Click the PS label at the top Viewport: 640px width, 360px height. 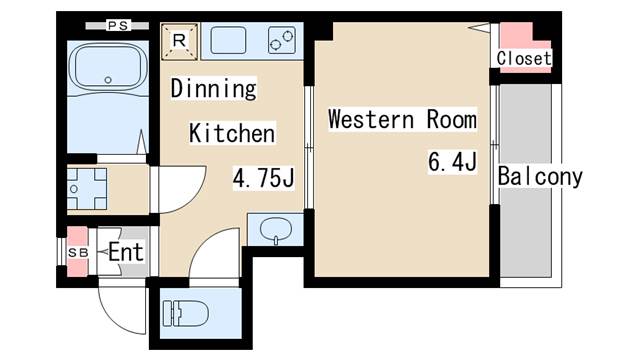tap(118, 25)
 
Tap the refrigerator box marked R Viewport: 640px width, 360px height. tap(179, 42)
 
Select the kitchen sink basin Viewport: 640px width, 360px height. tap(228, 40)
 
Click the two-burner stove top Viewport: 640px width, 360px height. tap(282, 40)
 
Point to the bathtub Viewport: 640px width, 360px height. tap(108, 68)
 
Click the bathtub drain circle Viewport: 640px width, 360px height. tap(108, 80)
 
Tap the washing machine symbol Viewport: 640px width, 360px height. tap(87, 189)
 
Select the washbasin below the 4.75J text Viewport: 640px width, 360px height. tap(276, 230)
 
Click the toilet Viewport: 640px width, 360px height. tap(186, 313)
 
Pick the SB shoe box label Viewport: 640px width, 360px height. tap(78, 253)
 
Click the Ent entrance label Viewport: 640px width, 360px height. tap(126, 252)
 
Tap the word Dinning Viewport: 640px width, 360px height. tap(213, 88)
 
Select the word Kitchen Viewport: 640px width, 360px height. tap(232, 133)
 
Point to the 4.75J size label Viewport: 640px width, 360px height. tap(263, 178)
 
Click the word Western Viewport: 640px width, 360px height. tap(371, 119)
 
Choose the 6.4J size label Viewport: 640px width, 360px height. tap(452, 162)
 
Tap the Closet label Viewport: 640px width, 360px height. tap(524, 58)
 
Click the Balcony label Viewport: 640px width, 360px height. tap(540, 177)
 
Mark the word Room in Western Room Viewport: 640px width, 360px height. tap(451, 119)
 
